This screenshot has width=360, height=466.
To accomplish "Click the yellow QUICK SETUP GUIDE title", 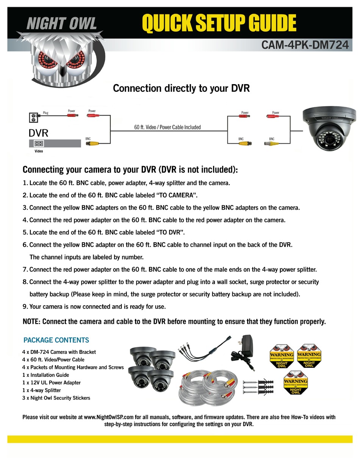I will (x=219, y=24).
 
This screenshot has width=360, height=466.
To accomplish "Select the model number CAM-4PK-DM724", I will (x=305, y=45).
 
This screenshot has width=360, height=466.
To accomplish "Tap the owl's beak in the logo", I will (x=63, y=69).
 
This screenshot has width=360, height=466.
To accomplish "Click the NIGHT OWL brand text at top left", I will (x=62, y=24).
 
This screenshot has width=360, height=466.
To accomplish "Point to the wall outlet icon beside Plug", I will (x=33, y=118).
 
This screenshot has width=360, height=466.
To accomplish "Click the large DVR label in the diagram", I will (x=39, y=133).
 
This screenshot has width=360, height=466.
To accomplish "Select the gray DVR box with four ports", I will (x=55, y=143).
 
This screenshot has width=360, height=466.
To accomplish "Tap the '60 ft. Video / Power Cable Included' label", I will (x=167, y=127).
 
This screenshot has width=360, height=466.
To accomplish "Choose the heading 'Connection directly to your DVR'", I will (x=181, y=88).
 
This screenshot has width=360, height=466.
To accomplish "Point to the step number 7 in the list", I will (x=25, y=270).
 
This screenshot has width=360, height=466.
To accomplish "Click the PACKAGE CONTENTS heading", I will (x=56, y=340).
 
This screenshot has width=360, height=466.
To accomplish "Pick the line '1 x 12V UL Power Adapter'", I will (x=51, y=383).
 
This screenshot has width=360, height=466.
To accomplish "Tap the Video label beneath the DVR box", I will (x=39, y=151).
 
